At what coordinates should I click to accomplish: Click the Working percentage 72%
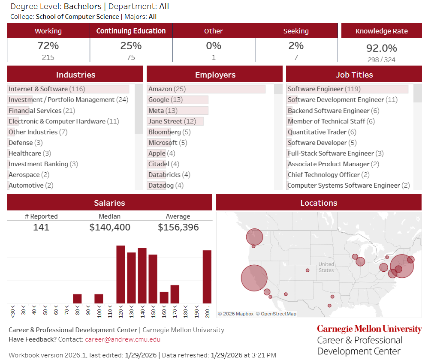click(48, 46)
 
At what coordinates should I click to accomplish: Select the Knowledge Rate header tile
click(381, 31)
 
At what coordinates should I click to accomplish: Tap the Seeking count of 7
click(296, 57)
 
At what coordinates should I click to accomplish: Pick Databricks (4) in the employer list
click(169, 175)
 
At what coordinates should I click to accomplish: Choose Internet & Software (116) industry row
click(47, 89)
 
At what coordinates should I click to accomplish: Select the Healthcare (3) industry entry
click(30, 153)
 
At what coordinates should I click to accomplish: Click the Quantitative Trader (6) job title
click(322, 132)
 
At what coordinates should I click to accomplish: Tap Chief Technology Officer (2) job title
click(329, 175)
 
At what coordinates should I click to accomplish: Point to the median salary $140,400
click(110, 227)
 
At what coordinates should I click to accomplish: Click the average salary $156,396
click(178, 227)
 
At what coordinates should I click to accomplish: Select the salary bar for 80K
click(77, 299)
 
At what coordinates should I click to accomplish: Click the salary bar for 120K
click(121, 275)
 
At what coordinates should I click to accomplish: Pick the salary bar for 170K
click(175, 294)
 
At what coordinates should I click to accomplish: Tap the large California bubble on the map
click(254, 278)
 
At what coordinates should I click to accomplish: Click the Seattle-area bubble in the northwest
click(254, 237)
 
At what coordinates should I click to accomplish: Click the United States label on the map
click(326, 267)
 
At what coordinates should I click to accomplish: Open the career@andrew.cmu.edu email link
click(123, 339)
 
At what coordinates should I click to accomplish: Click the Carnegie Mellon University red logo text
click(369, 329)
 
